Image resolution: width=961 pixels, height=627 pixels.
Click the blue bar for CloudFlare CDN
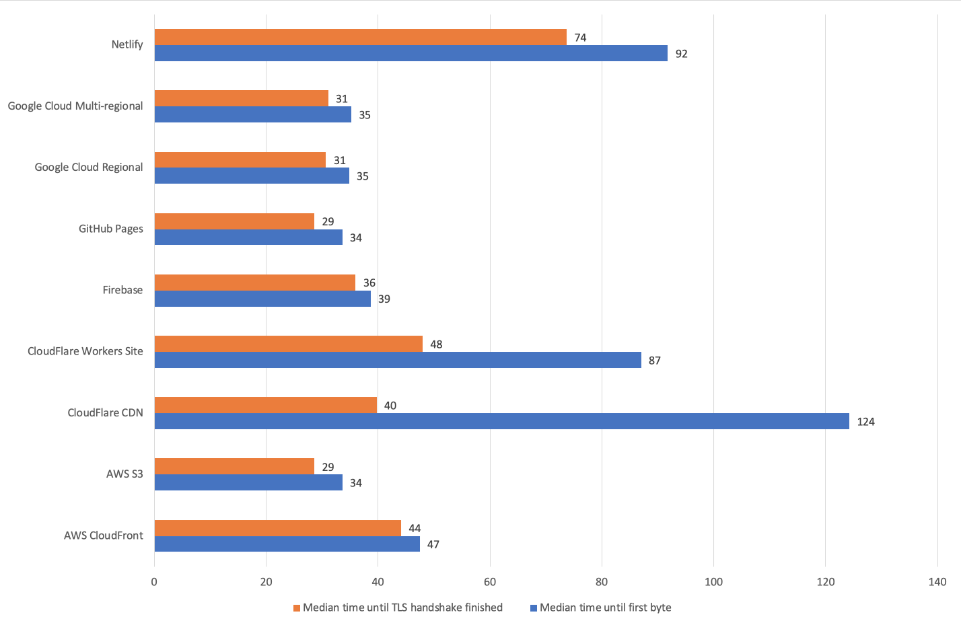[x=501, y=421]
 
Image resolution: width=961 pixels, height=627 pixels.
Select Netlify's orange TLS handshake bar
[x=360, y=37]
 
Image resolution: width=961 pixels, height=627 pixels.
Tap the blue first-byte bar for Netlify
[x=411, y=53]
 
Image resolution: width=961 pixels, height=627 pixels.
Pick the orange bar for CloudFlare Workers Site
[x=288, y=344]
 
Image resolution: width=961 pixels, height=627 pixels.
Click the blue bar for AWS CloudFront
[x=287, y=544]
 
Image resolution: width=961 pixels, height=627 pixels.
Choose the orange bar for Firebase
[x=254, y=283]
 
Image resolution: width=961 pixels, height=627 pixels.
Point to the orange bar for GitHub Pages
[x=234, y=221]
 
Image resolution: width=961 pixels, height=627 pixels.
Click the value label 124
[x=865, y=422]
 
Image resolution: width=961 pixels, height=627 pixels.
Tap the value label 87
[x=654, y=361]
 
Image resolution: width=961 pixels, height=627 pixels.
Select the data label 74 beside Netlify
[x=580, y=38]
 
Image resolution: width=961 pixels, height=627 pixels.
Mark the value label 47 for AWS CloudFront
[x=433, y=544]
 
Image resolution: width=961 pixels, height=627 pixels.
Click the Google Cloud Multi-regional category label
[x=75, y=106]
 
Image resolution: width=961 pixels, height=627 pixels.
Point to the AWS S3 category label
[x=124, y=474]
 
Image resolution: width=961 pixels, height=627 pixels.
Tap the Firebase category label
[x=122, y=290]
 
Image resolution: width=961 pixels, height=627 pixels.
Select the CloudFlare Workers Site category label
[x=85, y=351]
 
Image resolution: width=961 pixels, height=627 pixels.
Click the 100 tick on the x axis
[x=713, y=582]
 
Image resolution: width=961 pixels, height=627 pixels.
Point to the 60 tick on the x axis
[x=490, y=582]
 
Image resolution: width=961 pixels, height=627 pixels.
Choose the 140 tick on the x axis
[x=937, y=582]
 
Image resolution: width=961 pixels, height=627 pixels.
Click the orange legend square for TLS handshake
[x=296, y=608]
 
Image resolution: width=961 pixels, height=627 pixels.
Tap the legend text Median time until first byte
[x=605, y=607]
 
